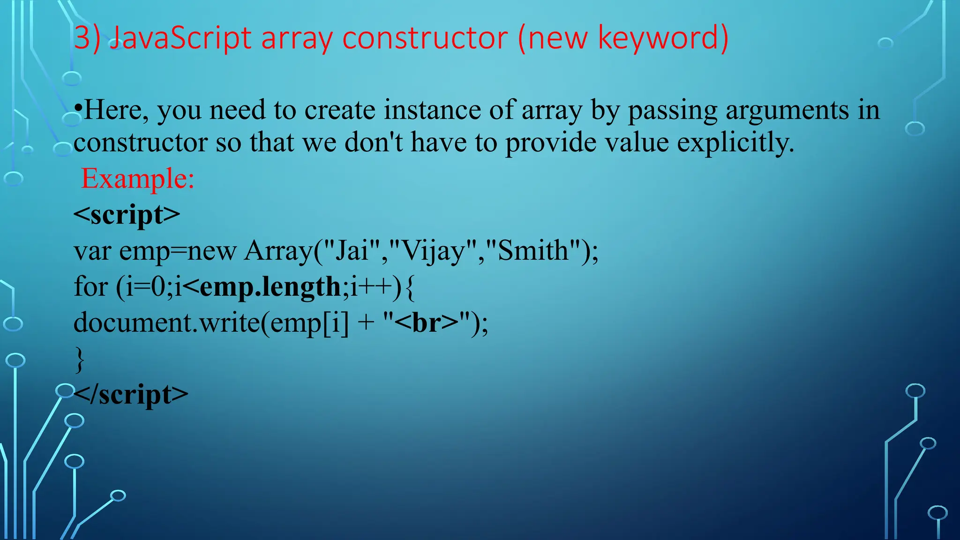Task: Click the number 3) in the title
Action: (x=87, y=38)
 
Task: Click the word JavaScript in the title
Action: (x=181, y=38)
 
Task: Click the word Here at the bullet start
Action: (x=116, y=111)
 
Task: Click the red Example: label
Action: (x=138, y=179)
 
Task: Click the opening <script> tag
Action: (x=127, y=215)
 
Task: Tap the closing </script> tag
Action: (x=131, y=395)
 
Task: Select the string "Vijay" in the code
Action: (x=433, y=251)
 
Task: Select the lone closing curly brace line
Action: (x=80, y=360)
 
